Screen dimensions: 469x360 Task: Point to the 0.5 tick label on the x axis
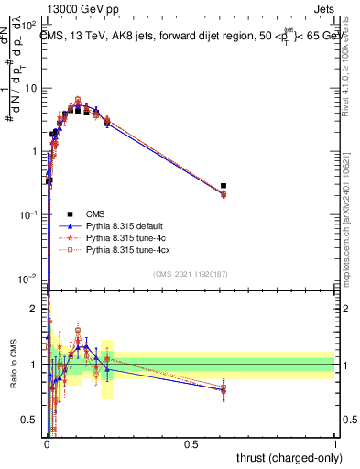(x=191, y=443)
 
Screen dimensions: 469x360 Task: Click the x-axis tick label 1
(x=335, y=443)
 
